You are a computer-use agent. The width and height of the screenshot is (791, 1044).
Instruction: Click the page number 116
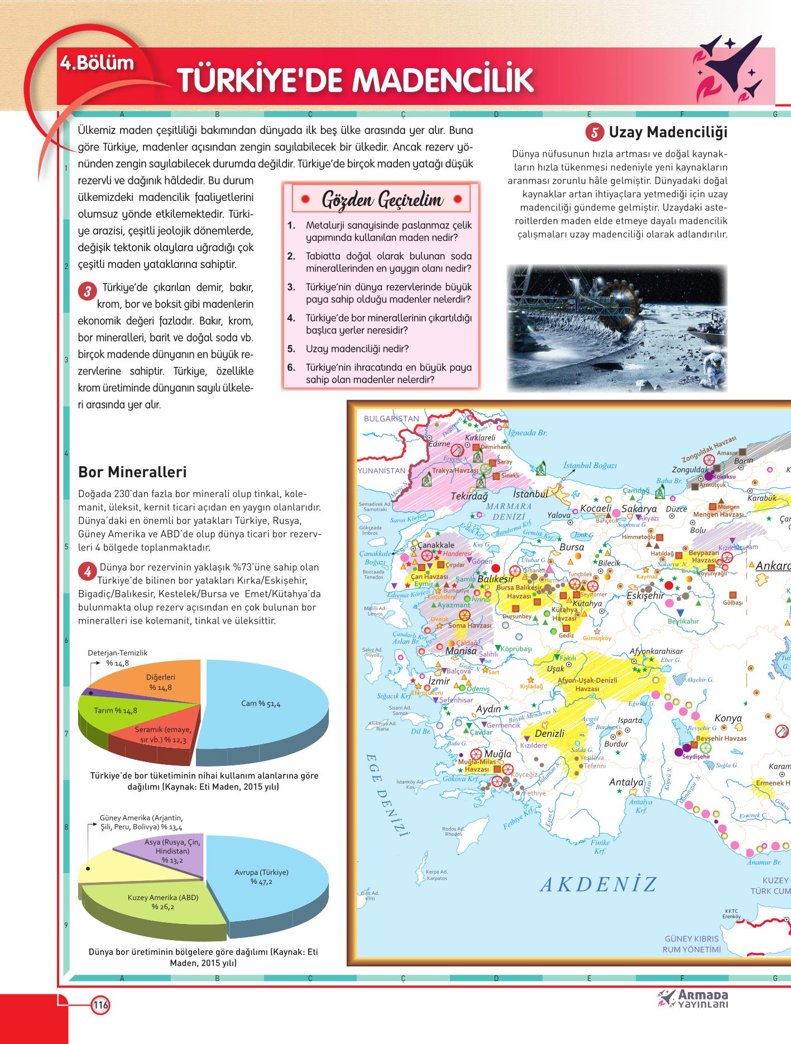(100, 1005)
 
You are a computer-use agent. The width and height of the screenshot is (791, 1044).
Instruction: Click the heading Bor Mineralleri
(132, 472)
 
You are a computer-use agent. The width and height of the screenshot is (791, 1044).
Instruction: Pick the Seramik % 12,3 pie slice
(162, 735)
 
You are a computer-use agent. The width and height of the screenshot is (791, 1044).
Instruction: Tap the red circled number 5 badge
(595, 132)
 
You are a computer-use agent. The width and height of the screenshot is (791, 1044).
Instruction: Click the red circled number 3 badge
(88, 291)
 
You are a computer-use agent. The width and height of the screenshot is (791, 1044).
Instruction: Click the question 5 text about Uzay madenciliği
(357, 349)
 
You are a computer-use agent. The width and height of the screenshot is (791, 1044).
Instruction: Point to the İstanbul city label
(530, 494)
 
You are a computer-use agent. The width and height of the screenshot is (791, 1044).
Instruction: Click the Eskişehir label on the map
(646, 595)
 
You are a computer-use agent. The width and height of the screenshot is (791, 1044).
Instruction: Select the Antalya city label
(626, 782)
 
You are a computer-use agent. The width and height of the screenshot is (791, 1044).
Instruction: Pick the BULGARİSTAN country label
(391, 418)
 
